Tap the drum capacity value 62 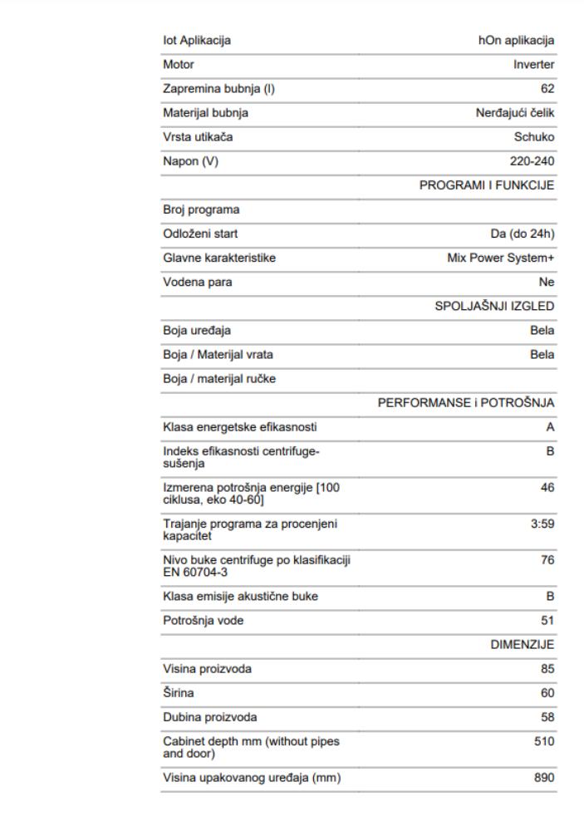pos(548,88)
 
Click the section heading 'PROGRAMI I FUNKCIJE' pos(487,185)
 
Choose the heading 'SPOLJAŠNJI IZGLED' pos(495,306)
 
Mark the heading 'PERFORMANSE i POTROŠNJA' pos(467,403)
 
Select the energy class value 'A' pos(551,427)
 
